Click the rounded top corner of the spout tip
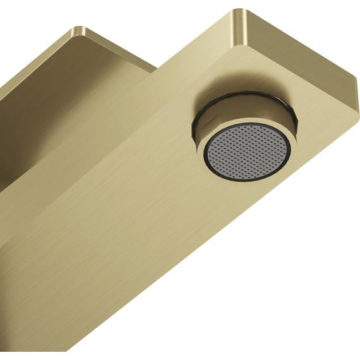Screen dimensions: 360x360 coord(239,13)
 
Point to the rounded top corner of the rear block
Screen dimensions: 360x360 coord(78,29)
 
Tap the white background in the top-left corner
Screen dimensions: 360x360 coord(19,19)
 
